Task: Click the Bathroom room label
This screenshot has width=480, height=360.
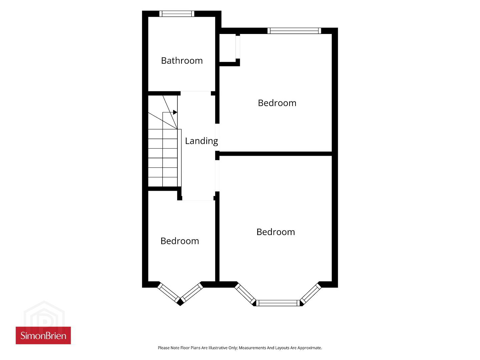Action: tap(182, 61)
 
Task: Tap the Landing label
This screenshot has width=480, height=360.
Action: tap(201, 141)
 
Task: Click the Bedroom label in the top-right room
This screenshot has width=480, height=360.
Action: tap(277, 103)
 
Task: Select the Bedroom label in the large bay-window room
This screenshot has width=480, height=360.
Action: tap(276, 232)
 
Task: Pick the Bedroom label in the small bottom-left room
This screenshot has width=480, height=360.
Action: tap(179, 241)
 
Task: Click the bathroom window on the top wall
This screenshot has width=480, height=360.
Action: tap(177, 14)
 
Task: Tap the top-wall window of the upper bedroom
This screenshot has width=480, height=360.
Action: tap(294, 31)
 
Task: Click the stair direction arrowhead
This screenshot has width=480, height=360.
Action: tap(175, 112)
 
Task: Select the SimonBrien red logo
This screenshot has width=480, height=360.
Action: tap(43, 335)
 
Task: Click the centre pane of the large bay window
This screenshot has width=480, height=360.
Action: tap(278, 303)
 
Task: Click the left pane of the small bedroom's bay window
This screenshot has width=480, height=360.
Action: tap(168, 293)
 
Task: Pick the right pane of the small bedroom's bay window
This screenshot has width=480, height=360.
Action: tap(192, 293)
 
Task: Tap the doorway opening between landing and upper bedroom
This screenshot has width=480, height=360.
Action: tap(217, 137)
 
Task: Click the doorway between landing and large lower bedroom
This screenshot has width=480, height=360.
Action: tap(217, 176)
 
